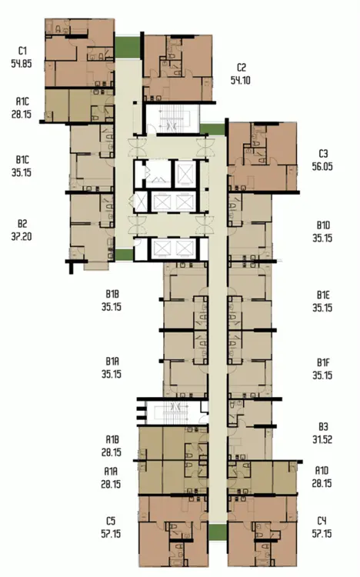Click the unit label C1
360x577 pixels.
pos(22,51)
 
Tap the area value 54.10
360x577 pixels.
pos(241,80)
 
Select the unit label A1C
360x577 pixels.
pos(22,102)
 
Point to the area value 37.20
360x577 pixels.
pos(22,236)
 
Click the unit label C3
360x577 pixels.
pos(323,153)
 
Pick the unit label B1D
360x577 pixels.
pos(323,225)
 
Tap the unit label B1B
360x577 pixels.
pos(112,294)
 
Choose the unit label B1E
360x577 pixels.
pos(323,295)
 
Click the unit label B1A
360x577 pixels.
pos(112,361)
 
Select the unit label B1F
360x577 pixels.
pos(323,362)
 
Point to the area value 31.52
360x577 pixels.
pos(322,439)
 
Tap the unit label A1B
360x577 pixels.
pos(112,439)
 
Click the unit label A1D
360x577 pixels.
pos(322,471)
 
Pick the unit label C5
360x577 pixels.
pos(111,521)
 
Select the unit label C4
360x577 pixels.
pos(322,521)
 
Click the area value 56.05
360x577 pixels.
pos(322,166)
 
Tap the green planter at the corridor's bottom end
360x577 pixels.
pos(218,532)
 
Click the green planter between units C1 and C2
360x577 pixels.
pos(128,48)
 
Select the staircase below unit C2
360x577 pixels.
pos(173,118)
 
